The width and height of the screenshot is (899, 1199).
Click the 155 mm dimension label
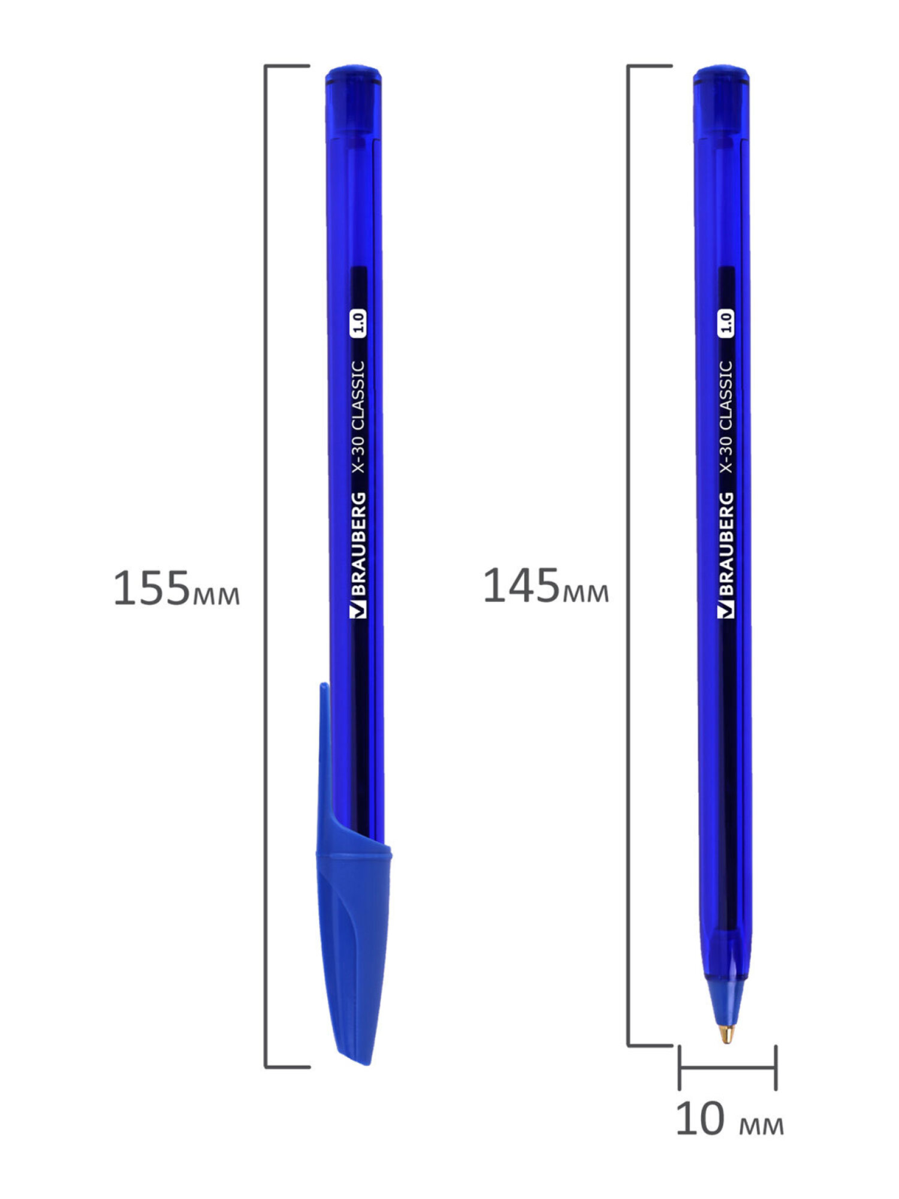point(177,589)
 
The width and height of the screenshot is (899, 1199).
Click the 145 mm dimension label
point(546,586)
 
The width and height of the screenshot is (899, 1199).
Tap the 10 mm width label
point(729,1119)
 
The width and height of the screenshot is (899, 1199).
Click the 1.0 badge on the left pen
point(359,324)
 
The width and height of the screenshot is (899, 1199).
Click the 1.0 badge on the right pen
point(726,324)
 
